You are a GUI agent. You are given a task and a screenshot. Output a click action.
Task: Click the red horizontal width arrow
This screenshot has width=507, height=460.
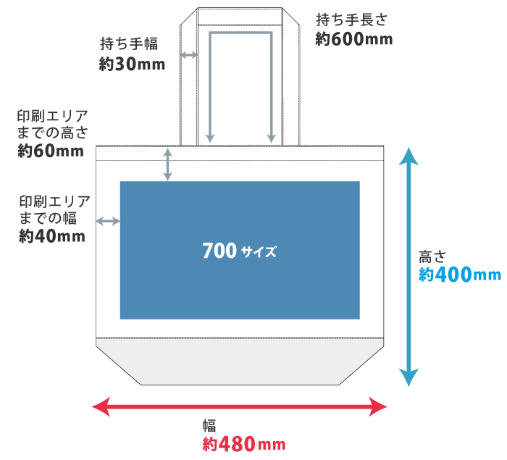[240, 406]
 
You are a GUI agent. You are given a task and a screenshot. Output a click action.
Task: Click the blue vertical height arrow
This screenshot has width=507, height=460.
[409, 267]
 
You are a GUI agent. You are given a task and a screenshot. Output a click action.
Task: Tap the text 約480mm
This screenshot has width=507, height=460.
[244, 443]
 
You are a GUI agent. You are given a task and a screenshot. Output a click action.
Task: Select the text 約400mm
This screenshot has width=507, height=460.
[460, 275]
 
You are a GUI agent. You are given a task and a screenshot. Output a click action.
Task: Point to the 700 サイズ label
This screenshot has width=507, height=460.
[240, 251]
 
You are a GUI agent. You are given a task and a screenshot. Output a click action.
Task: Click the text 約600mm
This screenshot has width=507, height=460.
[354, 40]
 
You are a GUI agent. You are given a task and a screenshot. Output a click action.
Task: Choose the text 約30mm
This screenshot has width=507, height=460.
[132, 64]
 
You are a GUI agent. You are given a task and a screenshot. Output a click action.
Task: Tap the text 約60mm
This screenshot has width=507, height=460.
[51, 151]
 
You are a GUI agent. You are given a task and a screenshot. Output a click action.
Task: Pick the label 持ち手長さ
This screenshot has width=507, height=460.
[354, 20]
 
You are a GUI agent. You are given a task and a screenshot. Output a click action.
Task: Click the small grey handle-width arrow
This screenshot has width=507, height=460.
[189, 54]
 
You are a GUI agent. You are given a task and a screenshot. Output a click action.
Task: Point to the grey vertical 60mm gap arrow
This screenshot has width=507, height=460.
[168, 164]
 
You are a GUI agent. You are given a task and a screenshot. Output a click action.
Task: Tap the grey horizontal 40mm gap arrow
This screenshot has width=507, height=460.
[108, 221]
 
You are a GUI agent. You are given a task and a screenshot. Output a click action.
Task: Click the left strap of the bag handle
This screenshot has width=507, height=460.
[188, 87]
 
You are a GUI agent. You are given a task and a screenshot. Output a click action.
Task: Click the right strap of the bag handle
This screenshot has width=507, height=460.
[290, 87]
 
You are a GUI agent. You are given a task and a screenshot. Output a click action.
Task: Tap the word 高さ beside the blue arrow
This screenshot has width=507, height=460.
[432, 256]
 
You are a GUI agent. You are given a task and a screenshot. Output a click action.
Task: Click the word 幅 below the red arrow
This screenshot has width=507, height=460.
[209, 425]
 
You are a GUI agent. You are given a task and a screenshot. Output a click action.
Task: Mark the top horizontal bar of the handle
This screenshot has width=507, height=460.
[240, 17]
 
